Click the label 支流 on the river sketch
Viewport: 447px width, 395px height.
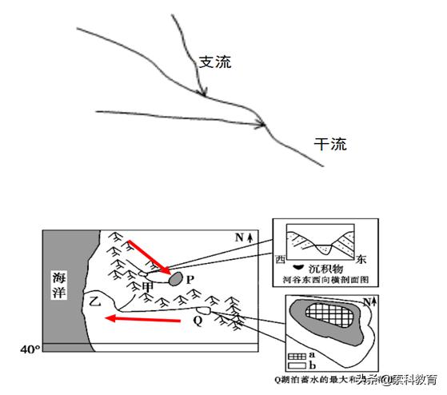click(x=214, y=62)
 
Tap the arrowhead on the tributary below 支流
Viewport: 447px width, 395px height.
click(x=204, y=94)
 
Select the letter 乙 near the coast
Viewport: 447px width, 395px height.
click(x=95, y=302)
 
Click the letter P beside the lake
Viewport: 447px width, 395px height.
click(x=190, y=280)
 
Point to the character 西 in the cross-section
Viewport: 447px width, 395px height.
click(x=280, y=260)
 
